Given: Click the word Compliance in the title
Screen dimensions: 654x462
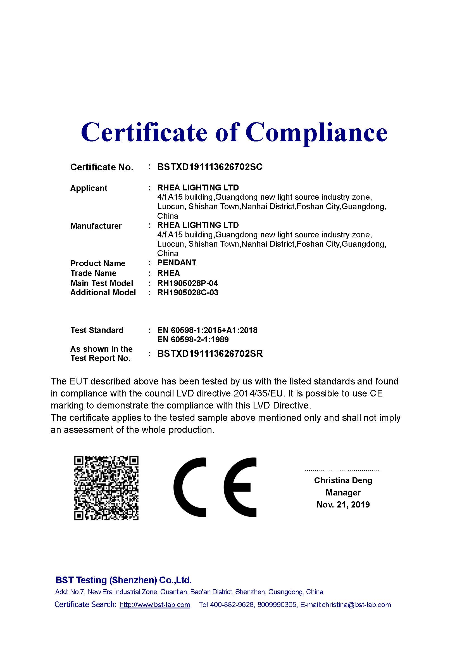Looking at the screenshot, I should click(316, 132).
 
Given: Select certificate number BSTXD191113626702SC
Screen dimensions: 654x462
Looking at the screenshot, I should click(210, 167).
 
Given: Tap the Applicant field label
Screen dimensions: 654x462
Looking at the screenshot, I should click(89, 188).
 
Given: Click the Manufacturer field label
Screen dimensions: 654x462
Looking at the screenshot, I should click(96, 226).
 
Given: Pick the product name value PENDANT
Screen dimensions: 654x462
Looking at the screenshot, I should click(177, 263).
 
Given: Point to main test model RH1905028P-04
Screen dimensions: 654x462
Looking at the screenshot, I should click(187, 283).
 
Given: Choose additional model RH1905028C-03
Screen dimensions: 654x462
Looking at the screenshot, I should click(188, 292).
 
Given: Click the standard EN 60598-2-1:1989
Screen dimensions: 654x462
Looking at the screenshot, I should click(193, 339).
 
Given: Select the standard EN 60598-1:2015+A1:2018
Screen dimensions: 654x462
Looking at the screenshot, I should click(207, 330).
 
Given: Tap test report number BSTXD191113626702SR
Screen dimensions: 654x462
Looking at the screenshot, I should click(210, 353).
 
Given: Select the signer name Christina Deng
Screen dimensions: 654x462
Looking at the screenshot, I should click(343, 480).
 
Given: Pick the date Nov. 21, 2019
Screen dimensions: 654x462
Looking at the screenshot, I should click(343, 504).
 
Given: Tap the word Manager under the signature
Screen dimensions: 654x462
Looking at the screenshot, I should click(343, 492).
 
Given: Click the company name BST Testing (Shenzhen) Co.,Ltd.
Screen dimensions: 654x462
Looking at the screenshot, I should click(123, 580).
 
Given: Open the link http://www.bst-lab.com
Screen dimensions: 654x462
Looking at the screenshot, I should click(155, 605).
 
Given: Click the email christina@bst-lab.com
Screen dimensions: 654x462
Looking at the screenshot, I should click(356, 605).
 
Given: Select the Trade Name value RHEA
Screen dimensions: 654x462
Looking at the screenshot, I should click(168, 273).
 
